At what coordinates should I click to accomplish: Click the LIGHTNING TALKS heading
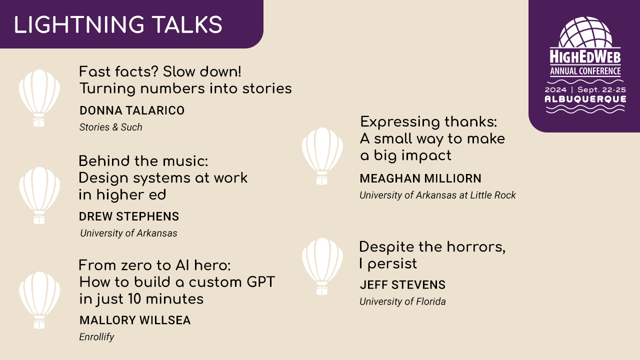pyautogui.click(x=118, y=25)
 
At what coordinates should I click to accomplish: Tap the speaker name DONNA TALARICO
pyautogui.click(x=132, y=110)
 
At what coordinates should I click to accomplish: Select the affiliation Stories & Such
pyautogui.click(x=110, y=127)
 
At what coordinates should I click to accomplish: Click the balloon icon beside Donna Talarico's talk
pyautogui.click(x=39, y=97)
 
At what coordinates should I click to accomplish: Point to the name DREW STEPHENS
pyautogui.click(x=129, y=216)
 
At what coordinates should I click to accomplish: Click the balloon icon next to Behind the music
pyautogui.click(x=39, y=195)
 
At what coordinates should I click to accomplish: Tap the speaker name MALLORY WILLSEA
pyautogui.click(x=135, y=320)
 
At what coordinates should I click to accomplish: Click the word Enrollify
pyautogui.click(x=96, y=337)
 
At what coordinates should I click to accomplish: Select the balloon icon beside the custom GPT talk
pyautogui.click(x=39, y=299)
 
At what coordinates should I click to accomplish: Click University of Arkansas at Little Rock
pyautogui.click(x=437, y=195)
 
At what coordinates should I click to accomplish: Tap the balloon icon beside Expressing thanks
pyautogui.click(x=322, y=155)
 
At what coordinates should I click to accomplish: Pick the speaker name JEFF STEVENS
pyautogui.click(x=402, y=285)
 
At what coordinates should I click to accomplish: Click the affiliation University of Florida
pyautogui.click(x=402, y=301)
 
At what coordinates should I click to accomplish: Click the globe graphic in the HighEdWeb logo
pyautogui.click(x=585, y=31)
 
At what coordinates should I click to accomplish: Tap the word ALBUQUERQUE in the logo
pyautogui.click(x=585, y=99)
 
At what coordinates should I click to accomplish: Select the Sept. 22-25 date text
pyautogui.click(x=601, y=89)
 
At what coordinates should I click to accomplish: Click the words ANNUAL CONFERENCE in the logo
pyautogui.click(x=585, y=71)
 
